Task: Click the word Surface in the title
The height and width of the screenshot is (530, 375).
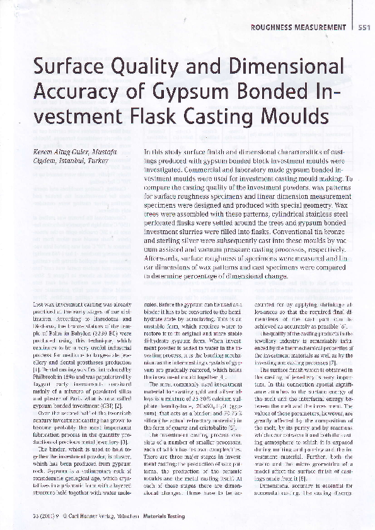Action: (x=68, y=67)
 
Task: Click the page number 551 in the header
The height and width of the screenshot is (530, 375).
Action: (x=364, y=27)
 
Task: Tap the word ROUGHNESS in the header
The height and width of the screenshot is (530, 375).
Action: (x=275, y=27)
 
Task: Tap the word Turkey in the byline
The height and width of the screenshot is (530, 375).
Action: (x=100, y=161)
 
